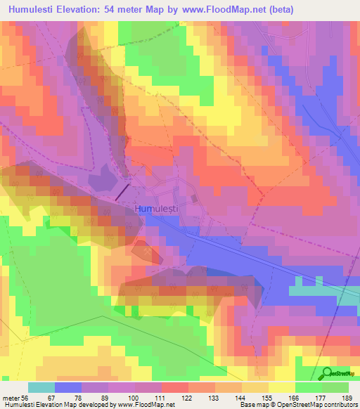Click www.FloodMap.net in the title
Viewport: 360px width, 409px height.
pos(216,10)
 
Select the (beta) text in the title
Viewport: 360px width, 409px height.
pos(277,10)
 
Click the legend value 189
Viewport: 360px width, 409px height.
pos(348,398)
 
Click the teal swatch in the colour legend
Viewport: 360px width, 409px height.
pos(41,387)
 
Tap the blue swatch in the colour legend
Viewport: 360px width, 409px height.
pos(67,387)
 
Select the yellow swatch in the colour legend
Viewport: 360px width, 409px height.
pos(281,387)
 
